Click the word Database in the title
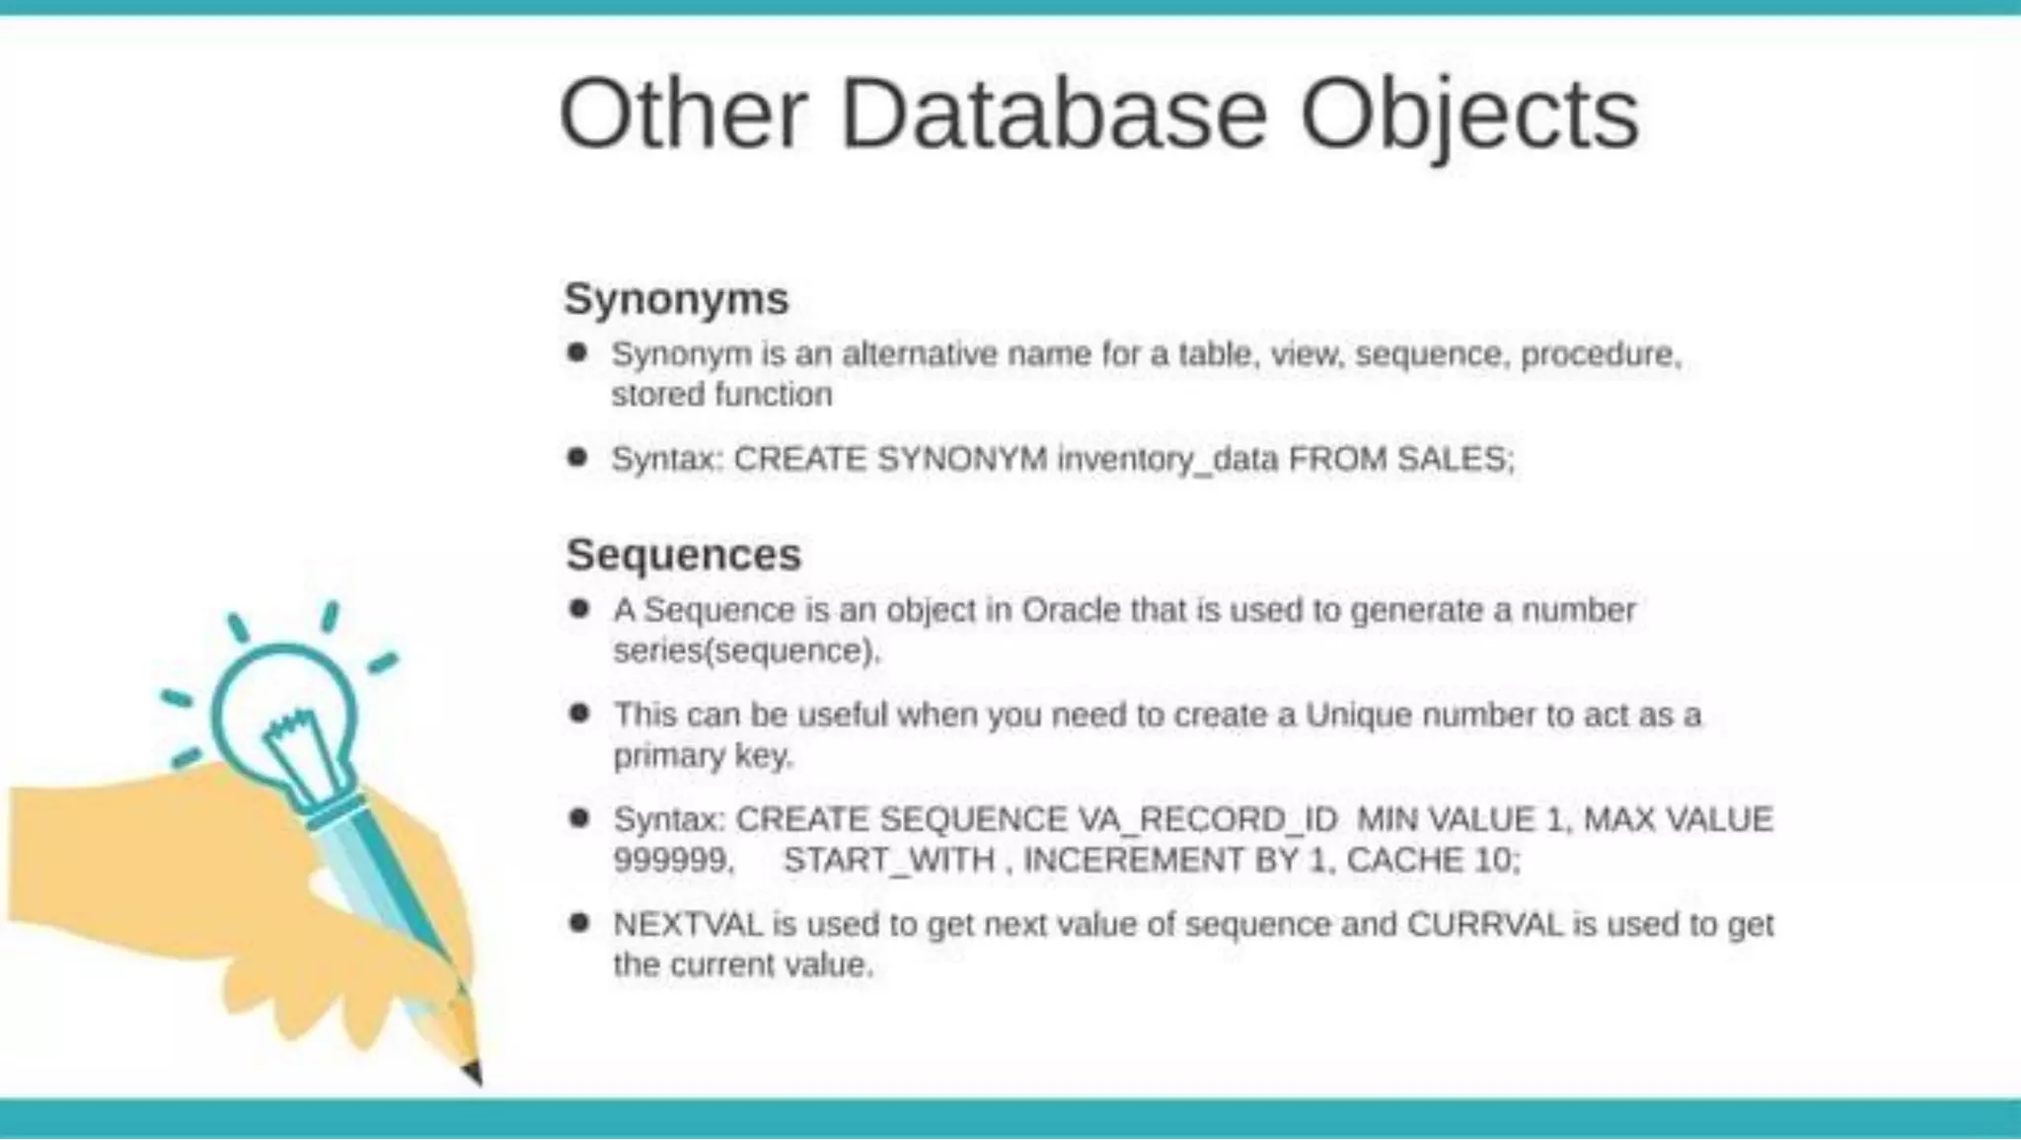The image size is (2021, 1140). pos(1053,115)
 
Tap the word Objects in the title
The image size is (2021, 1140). pos(1469,115)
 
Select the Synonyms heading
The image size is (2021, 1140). pos(676,298)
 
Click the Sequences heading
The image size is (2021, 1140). pos(683,555)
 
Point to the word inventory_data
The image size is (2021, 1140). pos(1167,459)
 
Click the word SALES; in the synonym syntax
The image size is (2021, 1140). pos(1455,459)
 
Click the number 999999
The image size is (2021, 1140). pos(673,861)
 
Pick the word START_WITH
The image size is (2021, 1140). pos(888,861)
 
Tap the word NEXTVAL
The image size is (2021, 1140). pos(688,925)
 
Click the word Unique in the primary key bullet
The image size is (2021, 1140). pos(1359,715)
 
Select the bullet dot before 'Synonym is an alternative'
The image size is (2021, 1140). pos(578,352)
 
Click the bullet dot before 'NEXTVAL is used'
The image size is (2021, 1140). pos(579,923)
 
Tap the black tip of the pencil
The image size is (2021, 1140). pos(474,1073)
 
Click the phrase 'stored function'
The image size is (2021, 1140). pos(721,395)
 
